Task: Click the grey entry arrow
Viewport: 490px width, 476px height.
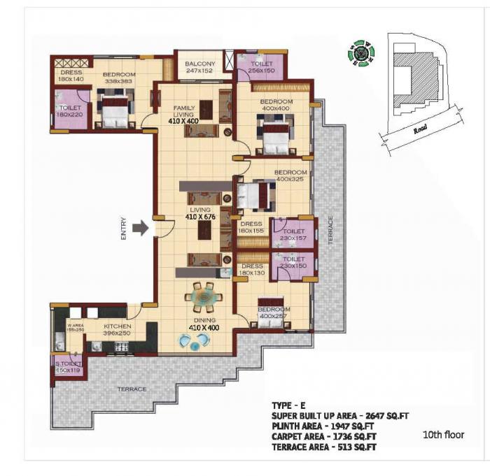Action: pyautogui.click(x=141, y=228)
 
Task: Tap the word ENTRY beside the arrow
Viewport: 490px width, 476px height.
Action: pyautogui.click(x=124, y=229)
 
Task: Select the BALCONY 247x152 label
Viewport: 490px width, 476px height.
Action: pyautogui.click(x=199, y=67)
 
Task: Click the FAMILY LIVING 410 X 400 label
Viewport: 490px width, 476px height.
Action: pyautogui.click(x=183, y=115)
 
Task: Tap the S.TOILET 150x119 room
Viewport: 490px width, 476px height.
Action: pyautogui.click(x=69, y=366)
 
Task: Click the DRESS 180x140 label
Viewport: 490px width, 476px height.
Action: pyautogui.click(x=71, y=75)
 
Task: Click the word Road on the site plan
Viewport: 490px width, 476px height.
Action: pyautogui.click(x=420, y=129)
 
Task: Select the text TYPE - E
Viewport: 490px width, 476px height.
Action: pyautogui.click(x=289, y=406)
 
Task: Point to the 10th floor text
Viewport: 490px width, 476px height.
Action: pyautogui.click(x=443, y=435)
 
